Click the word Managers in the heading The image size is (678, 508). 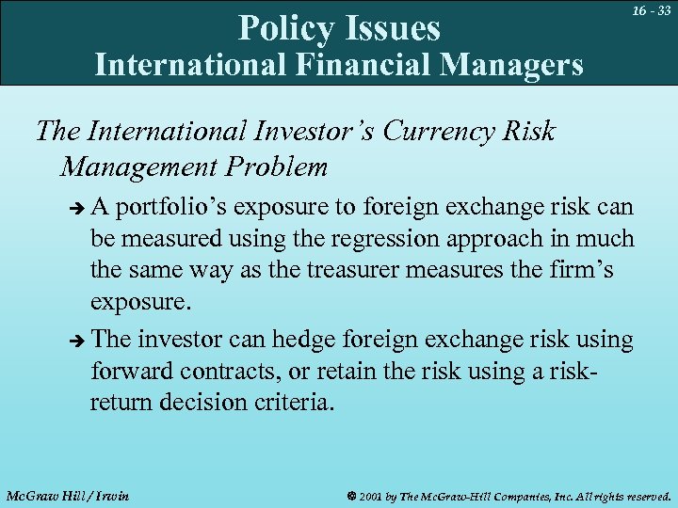(509, 65)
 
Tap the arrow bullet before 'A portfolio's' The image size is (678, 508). (77, 207)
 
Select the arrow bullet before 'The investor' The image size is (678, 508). (77, 340)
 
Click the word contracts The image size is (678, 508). (229, 372)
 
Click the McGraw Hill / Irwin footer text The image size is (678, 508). (68, 495)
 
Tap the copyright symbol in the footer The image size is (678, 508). (351, 495)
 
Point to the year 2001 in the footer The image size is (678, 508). (372, 495)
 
